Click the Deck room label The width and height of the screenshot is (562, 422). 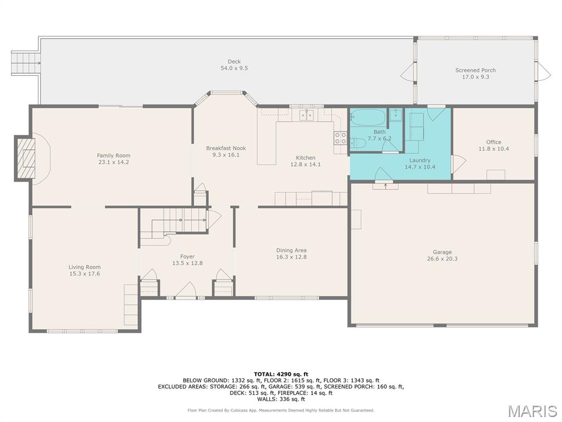[234, 62]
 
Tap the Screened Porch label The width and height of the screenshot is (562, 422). [476, 70]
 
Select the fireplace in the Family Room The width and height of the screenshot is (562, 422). [25, 158]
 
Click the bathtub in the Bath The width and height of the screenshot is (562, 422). [367, 118]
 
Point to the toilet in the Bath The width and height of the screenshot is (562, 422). [358, 143]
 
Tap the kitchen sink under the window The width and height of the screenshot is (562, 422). [306, 115]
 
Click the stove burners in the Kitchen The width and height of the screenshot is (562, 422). [340, 138]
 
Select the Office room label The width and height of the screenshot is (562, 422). [493, 142]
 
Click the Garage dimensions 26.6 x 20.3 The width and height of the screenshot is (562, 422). [442, 259]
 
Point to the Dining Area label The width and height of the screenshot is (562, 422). [291, 251]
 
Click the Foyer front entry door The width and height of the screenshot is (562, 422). [186, 290]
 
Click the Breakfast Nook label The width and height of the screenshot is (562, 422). [226, 148]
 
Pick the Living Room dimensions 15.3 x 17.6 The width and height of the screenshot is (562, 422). [85, 274]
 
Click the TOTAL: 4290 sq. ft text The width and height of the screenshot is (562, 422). [281, 374]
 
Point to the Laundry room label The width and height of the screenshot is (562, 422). [420, 160]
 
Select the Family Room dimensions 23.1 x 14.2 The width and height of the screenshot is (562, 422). [114, 162]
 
